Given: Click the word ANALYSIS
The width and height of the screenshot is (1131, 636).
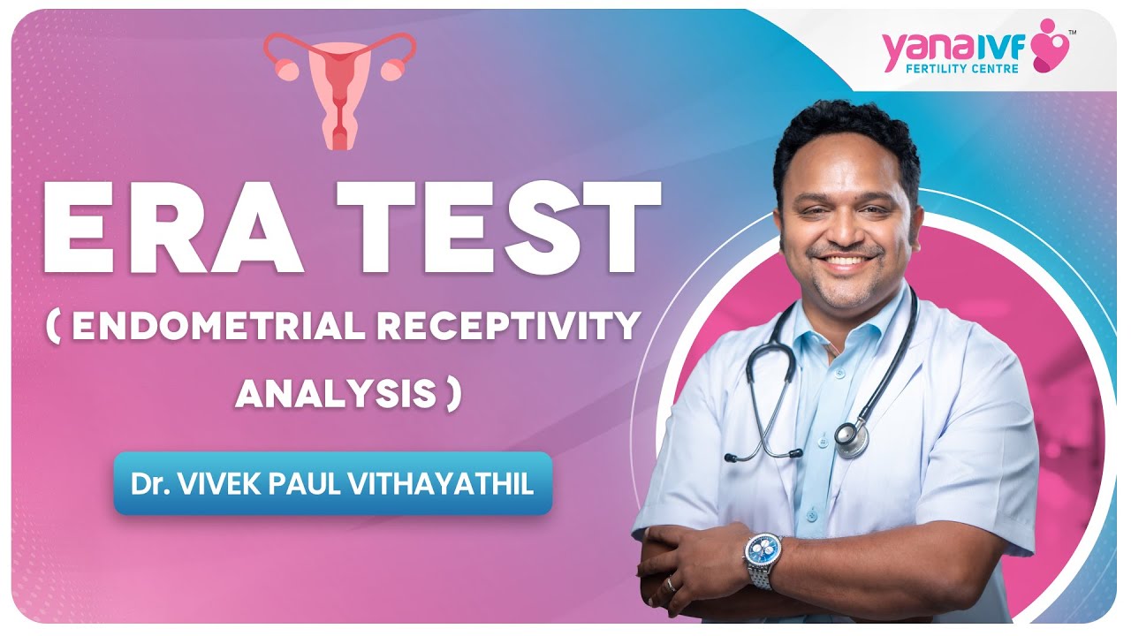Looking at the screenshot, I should (x=336, y=395).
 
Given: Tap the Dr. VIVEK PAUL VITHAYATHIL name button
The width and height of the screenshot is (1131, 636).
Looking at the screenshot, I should (x=332, y=484).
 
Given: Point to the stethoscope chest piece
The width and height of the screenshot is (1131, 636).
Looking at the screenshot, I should (x=851, y=438).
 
